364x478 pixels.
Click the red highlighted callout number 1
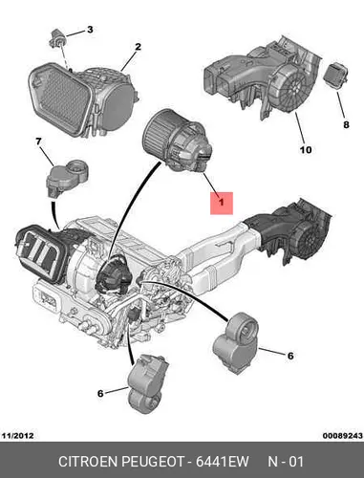[222, 202]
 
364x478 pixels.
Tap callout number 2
[138, 47]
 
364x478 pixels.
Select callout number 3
[90, 30]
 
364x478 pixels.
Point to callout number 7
[38, 141]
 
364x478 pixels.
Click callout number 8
[346, 124]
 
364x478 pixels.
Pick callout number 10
[306, 149]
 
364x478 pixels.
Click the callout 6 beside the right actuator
[290, 356]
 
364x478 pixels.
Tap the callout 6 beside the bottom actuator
[100, 394]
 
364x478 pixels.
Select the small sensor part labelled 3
[57, 37]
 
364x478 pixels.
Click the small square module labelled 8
[334, 76]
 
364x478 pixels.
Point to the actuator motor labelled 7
[66, 177]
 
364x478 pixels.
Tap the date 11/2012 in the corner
[18, 435]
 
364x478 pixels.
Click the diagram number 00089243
[342, 435]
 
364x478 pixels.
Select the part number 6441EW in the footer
[222, 462]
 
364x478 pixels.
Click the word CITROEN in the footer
[89, 462]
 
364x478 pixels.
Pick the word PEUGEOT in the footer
[154, 462]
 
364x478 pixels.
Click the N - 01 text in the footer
[286, 462]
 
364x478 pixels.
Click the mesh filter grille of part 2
[60, 98]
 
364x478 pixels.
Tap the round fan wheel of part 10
[294, 84]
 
